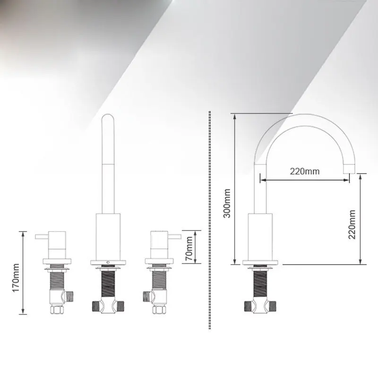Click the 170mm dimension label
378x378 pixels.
point(16,278)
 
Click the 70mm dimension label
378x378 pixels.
point(189,249)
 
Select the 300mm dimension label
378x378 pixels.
point(227,203)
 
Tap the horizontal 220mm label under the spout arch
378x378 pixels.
point(305,172)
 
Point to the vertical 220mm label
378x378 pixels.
point(352,224)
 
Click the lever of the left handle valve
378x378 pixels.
point(42,237)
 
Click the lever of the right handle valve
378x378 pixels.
point(174,237)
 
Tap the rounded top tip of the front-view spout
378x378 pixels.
point(108,115)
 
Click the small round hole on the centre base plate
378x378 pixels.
point(108,262)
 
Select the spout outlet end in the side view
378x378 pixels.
point(349,169)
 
